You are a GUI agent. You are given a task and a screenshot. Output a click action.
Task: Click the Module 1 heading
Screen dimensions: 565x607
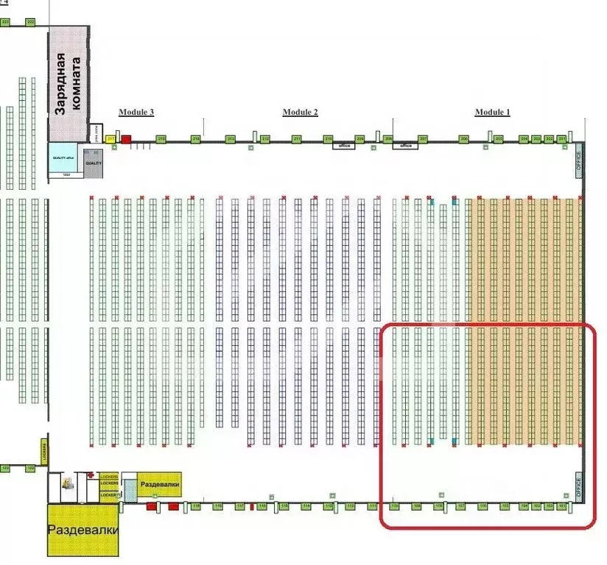(x=492, y=112)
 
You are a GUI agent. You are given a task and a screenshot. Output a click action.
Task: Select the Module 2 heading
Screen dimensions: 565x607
(x=300, y=112)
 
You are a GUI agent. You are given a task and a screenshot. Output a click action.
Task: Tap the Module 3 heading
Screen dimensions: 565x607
(x=136, y=112)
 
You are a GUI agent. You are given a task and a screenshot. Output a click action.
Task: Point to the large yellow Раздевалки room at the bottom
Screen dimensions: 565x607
(x=82, y=530)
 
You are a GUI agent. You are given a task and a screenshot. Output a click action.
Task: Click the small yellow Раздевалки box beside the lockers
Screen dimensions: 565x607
(x=158, y=485)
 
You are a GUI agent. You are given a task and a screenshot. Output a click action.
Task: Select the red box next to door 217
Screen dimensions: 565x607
(x=126, y=139)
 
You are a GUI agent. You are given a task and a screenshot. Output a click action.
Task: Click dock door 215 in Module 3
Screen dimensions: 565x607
(x=161, y=139)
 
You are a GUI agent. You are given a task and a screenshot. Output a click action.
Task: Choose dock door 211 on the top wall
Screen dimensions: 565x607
(x=297, y=139)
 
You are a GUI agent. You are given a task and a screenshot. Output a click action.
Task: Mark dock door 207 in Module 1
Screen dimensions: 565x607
(x=423, y=139)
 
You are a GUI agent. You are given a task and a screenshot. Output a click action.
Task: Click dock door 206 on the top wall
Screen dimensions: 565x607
(x=464, y=139)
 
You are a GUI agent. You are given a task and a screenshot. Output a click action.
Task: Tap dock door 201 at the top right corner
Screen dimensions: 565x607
(x=563, y=139)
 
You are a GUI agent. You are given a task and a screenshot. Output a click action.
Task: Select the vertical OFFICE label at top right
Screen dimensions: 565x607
(x=578, y=160)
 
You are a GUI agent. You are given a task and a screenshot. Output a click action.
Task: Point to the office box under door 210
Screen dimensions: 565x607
(x=343, y=146)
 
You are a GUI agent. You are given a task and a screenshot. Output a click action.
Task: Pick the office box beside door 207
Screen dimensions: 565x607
(x=405, y=146)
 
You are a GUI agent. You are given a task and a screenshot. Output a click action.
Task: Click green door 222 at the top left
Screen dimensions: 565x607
(x=30, y=23)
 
